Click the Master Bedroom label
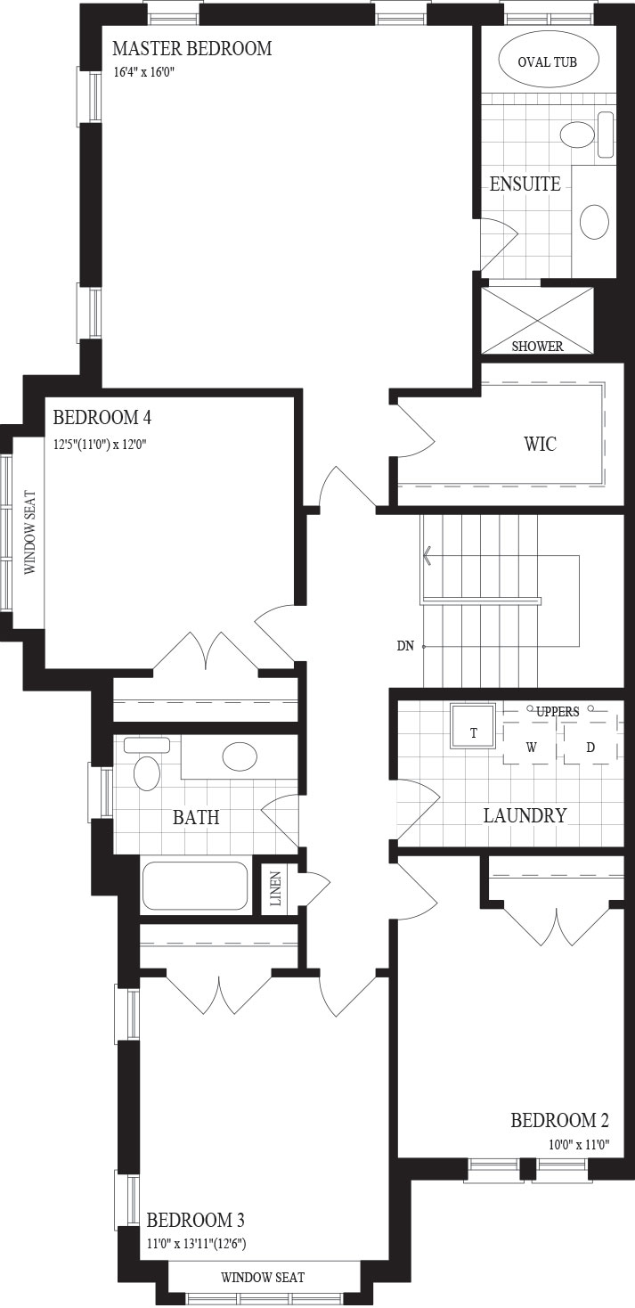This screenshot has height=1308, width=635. pyautogui.click(x=192, y=48)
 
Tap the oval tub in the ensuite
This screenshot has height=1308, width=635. pyautogui.click(x=548, y=61)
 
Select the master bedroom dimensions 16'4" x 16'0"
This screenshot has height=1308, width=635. pyautogui.click(x=145, y=73)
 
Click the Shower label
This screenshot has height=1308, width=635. pyautogui.click(x=538, y=347)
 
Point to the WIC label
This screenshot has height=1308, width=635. pyautogui.click(x=541, y=444)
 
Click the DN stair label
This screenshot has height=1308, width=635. pyautogui.click(x=405, y=646)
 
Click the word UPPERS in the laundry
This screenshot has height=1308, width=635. pyautogui.click(x=558, y=712)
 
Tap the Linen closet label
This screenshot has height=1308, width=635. pyautogui.click(x=276, y=888)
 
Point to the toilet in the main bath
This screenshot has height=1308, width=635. pyautogui.click(x=147, y=766)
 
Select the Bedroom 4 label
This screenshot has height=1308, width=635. pyautogui.click(x=102, y=418)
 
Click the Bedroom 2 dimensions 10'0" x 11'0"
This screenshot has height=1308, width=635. pyautogui.click(x=579, y=1144)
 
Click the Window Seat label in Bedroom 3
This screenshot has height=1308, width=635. pyautogui.click(x=263, y=1277)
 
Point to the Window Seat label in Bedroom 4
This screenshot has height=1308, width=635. pyautogui.click(x=30, y=533)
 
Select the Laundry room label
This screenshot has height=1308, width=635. pyautogui.click(x=525, y=815)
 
